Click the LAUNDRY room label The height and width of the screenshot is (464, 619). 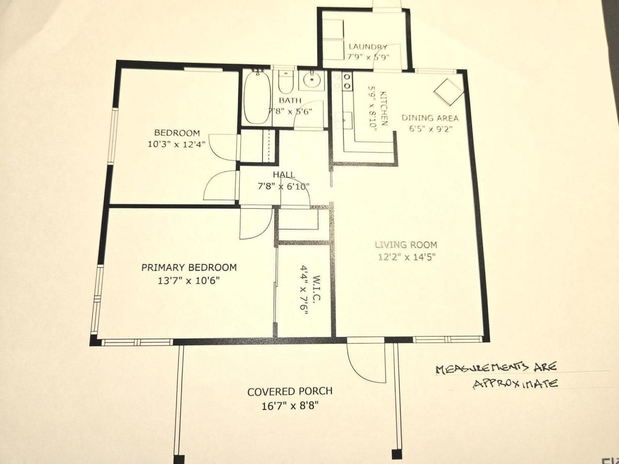(x=368, y=47)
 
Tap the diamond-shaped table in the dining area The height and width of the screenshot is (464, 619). (x=448, y=90)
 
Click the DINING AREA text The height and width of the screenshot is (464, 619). (x=430, y=118)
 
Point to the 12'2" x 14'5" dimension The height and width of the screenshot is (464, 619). (x=407, y=257)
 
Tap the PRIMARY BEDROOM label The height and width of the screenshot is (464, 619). (x=189, y=267)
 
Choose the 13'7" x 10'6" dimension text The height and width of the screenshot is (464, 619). (x=189, y=280)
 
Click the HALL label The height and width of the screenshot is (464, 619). (x=284, y=174)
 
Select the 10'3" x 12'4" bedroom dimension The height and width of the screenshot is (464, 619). (x=177, y=144)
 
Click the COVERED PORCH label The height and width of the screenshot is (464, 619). (x=290, y=391)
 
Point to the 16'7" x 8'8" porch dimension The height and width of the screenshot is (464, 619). (x=290, y=406)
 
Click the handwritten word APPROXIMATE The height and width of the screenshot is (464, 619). (x=515, y=384)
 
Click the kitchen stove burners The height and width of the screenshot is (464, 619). (x=347, y=81)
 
